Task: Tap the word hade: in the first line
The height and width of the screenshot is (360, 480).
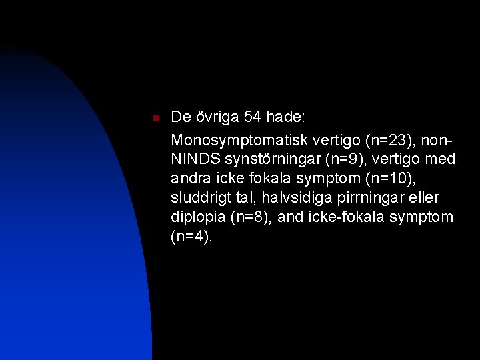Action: pos(285,117)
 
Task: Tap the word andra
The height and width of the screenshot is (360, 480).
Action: pos(190,179)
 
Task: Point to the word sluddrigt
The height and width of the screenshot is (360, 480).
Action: pos(200,199)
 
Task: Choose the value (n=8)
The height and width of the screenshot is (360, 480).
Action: pos(251,218)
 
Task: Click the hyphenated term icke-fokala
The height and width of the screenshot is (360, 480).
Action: pos(345,217)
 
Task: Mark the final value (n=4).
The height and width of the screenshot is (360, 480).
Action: pos(192,237)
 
